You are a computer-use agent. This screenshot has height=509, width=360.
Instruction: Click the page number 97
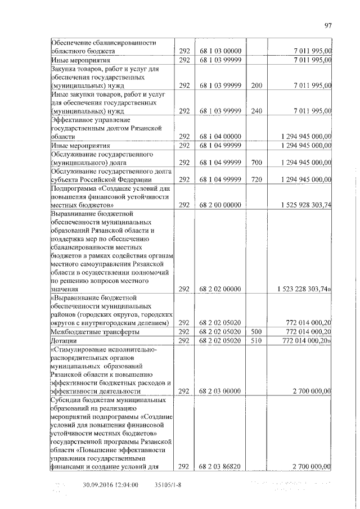328,25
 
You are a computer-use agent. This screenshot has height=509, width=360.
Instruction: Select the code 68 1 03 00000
220,51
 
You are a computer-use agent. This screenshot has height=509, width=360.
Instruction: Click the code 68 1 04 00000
220,137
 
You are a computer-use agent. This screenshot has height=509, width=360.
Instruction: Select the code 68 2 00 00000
220,205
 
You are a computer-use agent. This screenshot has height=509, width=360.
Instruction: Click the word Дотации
64,341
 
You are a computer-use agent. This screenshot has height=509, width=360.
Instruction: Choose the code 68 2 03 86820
220,466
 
